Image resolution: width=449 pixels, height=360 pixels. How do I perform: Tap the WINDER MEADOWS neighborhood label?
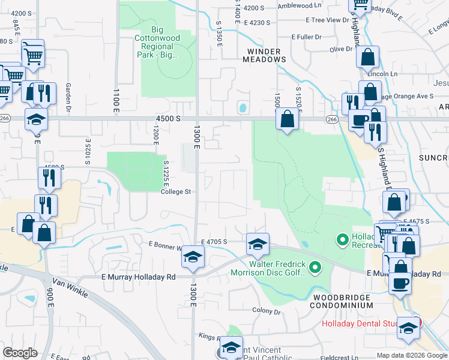pos(264,55)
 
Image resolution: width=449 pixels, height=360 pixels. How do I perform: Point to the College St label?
pos(175,192)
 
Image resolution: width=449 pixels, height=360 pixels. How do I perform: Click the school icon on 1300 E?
pos(193,257)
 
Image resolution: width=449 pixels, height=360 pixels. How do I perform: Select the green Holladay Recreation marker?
pos(342,241)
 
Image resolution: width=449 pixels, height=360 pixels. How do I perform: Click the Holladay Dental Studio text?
pos(360,324)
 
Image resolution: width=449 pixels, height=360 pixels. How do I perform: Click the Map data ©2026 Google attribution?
pos(412,355)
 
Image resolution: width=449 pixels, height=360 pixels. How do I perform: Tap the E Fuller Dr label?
pos(306,37)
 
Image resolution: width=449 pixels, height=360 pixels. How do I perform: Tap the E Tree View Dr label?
pos(327,20)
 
